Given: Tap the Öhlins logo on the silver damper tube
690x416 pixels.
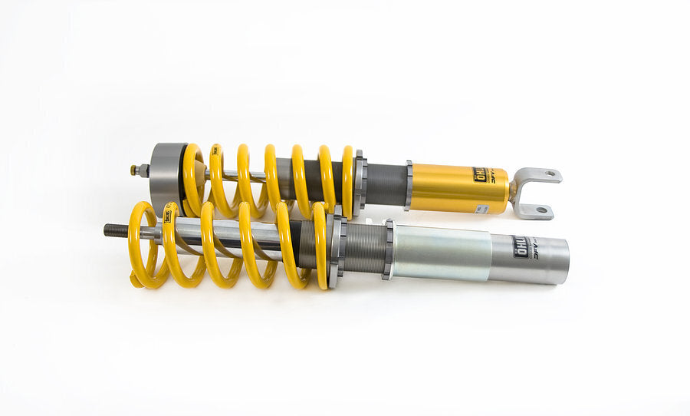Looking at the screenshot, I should [523, 246].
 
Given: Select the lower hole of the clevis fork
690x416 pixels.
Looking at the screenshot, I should [541, 210].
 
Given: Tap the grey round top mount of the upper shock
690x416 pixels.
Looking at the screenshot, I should [166, 178].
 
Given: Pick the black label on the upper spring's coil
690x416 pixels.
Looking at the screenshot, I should [215, 151].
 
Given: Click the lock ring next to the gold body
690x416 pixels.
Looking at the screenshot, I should [409, 185].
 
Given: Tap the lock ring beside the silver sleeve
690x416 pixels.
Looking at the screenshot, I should [389, 249].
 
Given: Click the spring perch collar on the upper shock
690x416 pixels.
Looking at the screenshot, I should [359, 183].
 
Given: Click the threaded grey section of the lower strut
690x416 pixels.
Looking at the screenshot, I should [363, 249].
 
